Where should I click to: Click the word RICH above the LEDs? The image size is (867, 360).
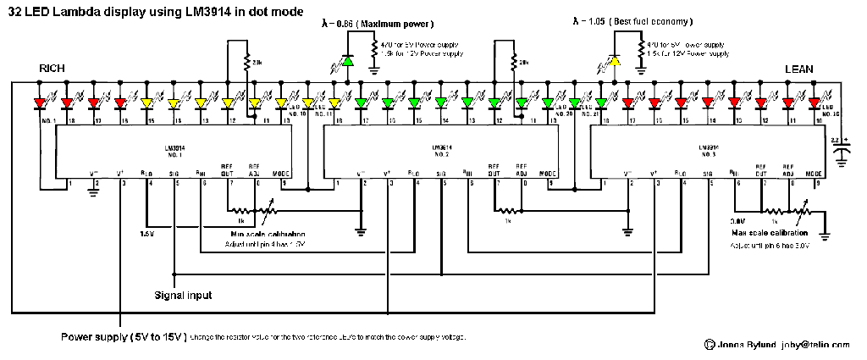coord(53,68)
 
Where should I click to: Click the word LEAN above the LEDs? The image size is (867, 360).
coord(800,68)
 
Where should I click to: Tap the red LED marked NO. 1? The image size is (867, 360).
coord(39,104)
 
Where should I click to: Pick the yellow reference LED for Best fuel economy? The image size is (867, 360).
coord(616,60)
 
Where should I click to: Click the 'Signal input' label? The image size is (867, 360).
coord(183,296)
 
